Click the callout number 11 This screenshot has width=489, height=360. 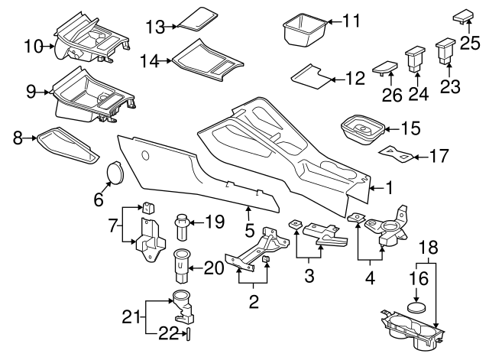(350, 21)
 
